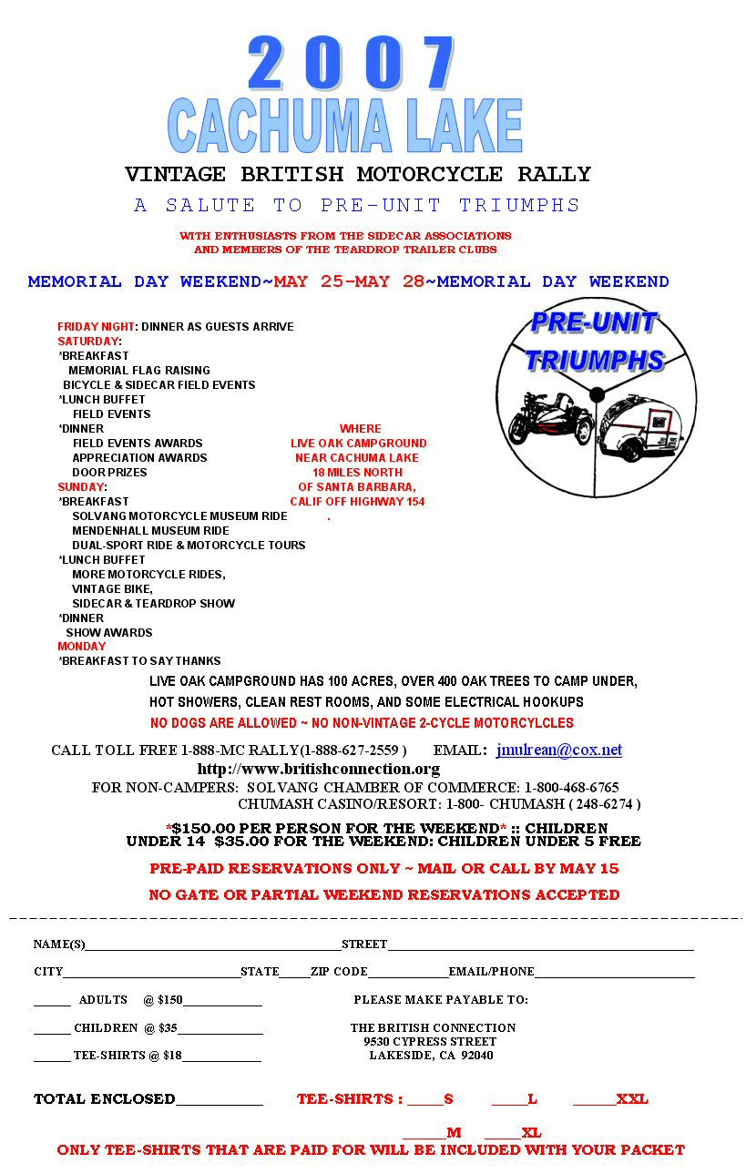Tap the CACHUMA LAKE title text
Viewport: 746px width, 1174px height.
click(x=345, y=126)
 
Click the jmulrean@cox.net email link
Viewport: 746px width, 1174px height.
click(x=559, y=750)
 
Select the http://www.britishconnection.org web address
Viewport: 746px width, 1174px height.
click(x=318, y=770)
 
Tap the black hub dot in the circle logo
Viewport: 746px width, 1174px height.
click(x=597, y=394)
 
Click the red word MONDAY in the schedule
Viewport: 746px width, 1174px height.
click(x=82, y=647)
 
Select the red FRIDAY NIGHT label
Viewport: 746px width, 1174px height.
click(x=96, y=327)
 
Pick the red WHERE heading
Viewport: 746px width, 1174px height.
click(x=360, y=429)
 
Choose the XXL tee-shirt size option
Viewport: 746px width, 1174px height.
click(x=631, y=1099)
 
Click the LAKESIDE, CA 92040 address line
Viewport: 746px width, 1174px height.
click(x=431, y=1057)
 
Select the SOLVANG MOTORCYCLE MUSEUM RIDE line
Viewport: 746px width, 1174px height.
click(x=179, y=516)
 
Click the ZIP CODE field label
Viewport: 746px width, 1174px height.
click(x=339, y=972)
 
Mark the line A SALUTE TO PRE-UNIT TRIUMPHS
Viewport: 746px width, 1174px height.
click(x=357, y=206)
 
